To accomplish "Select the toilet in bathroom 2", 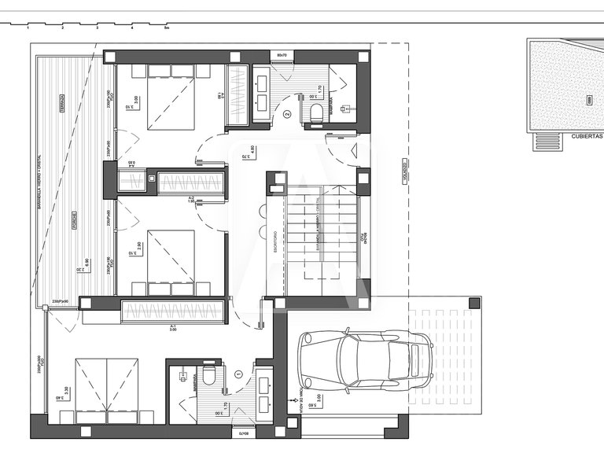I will (x=316, y=112).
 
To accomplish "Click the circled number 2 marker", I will (x=287, y=114).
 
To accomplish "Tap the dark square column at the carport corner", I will (x=473, y=302).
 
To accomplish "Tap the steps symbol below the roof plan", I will (x=545, y=141).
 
